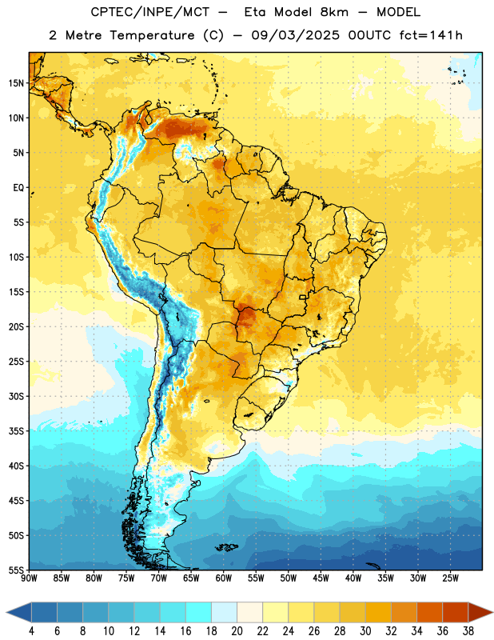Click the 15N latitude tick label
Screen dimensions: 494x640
point(16,83)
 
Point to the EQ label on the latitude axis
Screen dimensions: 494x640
point(18,188)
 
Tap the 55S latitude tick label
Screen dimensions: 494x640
point(16,570)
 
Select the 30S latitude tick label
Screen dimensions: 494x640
point(16,396)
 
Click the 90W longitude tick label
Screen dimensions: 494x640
point(30,578)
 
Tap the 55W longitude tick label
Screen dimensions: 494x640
point(256,578)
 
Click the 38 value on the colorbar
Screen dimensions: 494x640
point(468,631)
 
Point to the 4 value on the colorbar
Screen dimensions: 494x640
point(31,631)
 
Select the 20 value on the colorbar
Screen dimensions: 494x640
point(237,631)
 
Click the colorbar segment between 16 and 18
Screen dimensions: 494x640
point(198,613)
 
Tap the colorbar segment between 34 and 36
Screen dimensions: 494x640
point(429,613)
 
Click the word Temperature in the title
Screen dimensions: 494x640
point(152,35)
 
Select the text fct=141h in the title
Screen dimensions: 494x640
point(431,35)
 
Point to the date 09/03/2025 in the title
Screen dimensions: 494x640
point(295,35)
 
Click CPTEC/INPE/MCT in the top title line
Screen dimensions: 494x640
point(150,12)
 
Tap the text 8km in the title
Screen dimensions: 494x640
point(334,12)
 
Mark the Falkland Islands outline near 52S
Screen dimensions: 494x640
point(226,547)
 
